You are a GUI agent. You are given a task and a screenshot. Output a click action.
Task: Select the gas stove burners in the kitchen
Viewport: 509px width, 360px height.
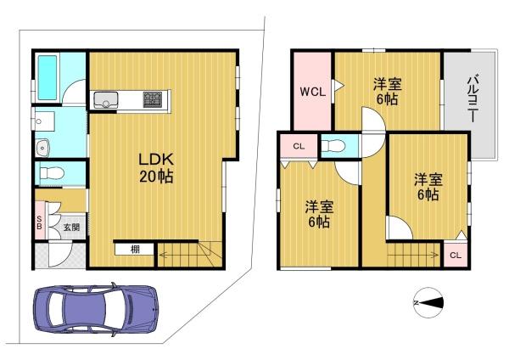point(154,99)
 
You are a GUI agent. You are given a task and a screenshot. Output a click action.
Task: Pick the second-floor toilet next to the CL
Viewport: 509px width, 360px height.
point(334,146)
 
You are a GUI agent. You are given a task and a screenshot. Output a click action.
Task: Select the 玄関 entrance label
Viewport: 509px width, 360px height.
point(70,227)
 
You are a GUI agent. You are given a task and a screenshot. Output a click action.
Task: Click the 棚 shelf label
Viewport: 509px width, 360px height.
point(136,249)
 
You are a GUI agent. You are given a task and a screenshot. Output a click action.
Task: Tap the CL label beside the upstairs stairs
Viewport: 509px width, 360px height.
point(455,255)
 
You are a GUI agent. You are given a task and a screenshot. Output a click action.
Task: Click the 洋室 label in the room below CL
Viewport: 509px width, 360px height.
point(319,206)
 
